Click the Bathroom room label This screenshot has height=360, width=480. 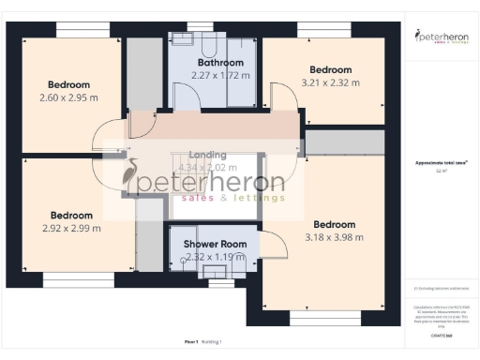tap(216, 63)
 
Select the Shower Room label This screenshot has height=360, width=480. tap(215, 244)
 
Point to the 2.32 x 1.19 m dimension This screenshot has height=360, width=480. tap(215, 256)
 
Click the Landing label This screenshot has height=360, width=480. tap(207, 154)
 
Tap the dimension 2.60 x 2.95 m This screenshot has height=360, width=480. tap(70, 97)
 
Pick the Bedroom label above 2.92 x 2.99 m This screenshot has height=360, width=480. tap(71, 214)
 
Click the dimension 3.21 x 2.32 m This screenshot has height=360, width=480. tap(330, 82)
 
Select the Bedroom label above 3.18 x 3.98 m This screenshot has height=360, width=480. tap(334, 224)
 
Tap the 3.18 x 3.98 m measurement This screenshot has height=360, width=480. tap(334, 237)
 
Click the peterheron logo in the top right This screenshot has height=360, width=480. tap(441, 37)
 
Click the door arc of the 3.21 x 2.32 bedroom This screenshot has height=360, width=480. tap(277, 97)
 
